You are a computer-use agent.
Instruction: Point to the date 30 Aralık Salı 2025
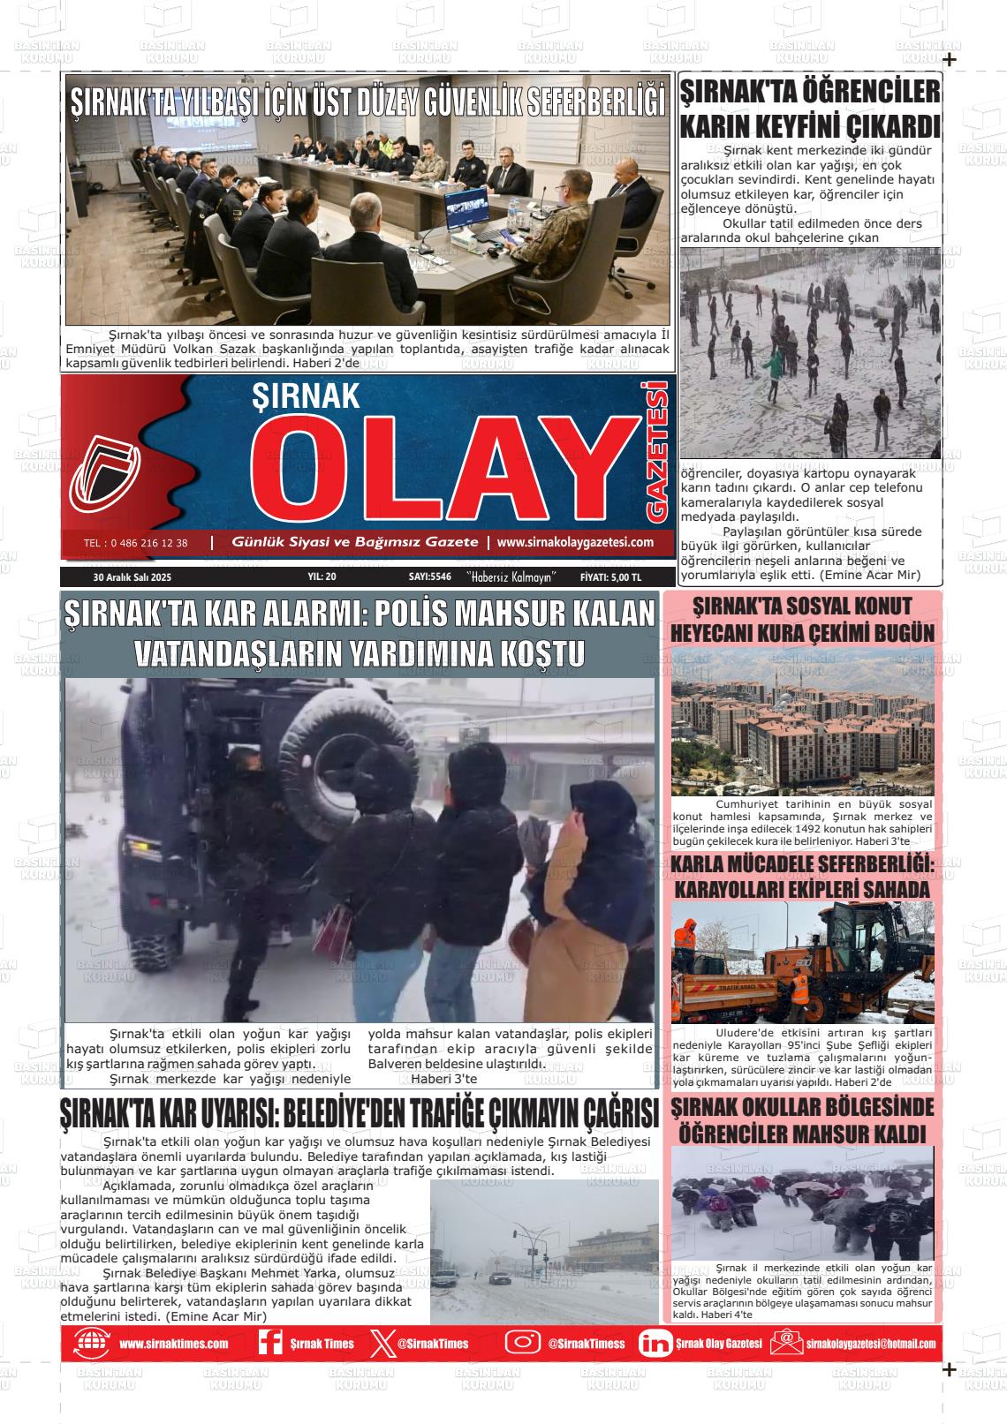[x=132, y=576]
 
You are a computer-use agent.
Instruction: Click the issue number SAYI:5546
[x=430, y=576]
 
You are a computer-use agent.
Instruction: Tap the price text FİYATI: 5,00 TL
[x=610, y=576]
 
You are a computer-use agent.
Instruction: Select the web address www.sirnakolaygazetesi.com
[x=575, y=542]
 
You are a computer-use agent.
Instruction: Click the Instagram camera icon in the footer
[x=522, y=1343]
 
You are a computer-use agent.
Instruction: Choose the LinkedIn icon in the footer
[x=655, y=1343]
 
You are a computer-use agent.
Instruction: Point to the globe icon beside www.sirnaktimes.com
[x=92, y=1343]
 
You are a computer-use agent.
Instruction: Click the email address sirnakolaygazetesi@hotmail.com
[x=870, y=1344]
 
